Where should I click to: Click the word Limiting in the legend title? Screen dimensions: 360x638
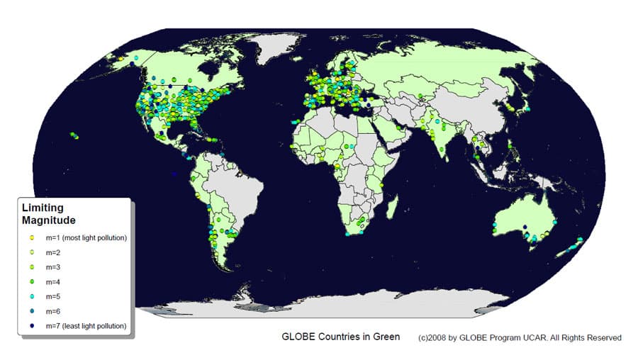(x=43, y=208)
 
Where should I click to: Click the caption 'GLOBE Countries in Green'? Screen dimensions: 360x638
(x=340, y=337)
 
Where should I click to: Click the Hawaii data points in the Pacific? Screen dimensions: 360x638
(x=74, y=135)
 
